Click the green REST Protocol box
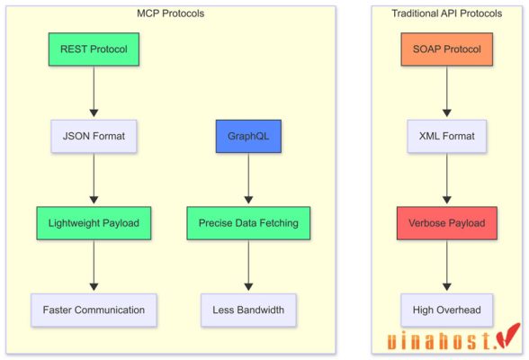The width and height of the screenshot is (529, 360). coord(94,49)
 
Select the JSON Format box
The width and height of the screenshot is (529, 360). coord(94,137)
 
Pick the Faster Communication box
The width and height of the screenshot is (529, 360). coord(94,310)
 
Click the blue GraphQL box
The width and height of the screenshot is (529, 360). coord(248,137)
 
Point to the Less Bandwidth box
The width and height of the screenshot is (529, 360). coord(248,310)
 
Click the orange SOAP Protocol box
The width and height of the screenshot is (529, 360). coord(447,49)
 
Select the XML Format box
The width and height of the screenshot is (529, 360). coord(447,137)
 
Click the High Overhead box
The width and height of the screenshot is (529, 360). coord(447,310)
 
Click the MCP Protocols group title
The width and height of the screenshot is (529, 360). coord(170,13)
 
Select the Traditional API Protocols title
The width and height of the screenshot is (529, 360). coord(447,13)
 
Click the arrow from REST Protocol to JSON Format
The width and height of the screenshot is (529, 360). coord(94,93)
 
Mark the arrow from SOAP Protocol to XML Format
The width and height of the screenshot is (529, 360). coord(447,93)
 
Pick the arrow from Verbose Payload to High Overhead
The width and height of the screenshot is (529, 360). coord(447,266)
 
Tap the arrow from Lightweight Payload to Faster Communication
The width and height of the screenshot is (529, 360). coord(94,266)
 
